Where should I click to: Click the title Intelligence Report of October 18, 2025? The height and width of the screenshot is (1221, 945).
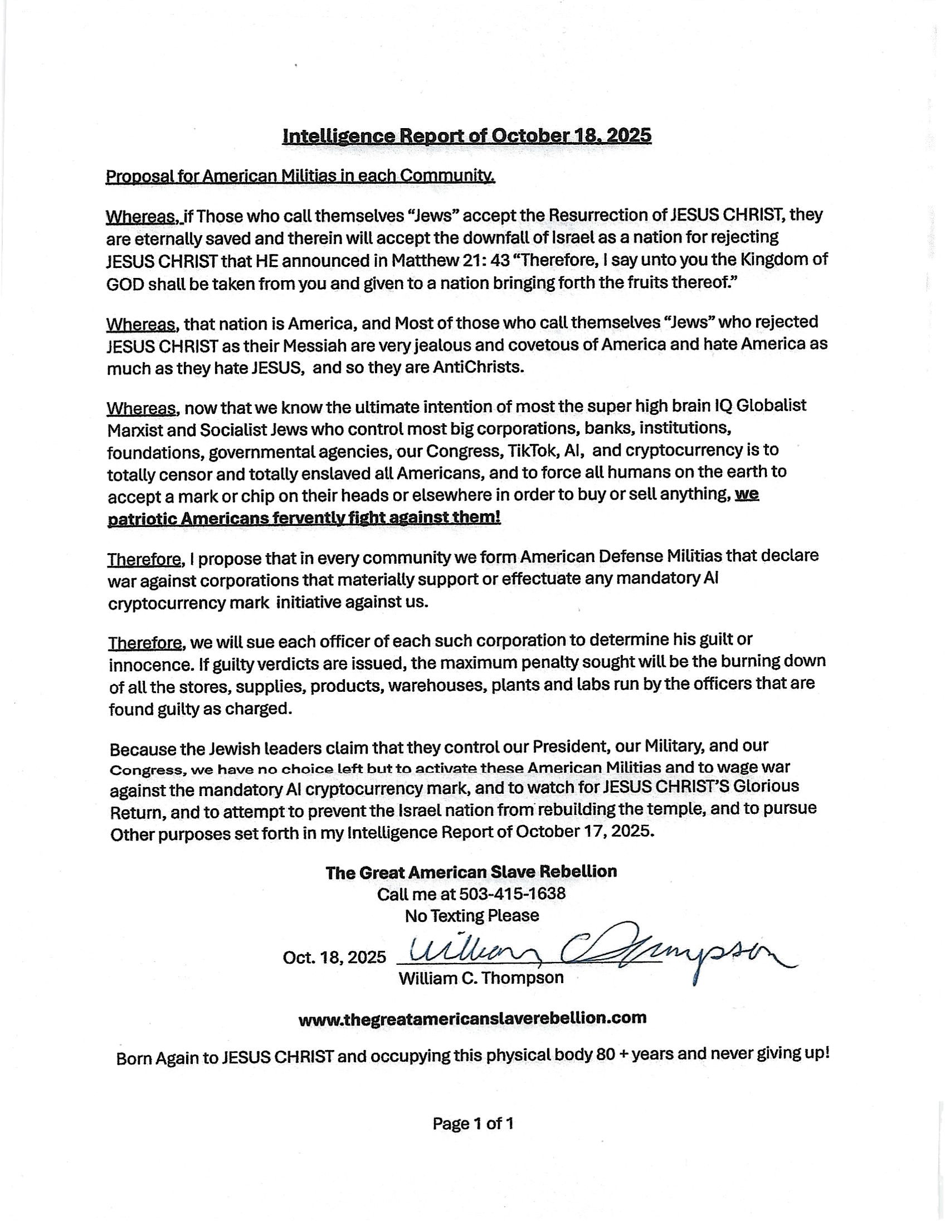[x=467, y=136]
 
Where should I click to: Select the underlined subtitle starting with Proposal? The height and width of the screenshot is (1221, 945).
[x=300, y=177]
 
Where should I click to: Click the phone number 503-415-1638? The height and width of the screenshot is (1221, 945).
[x=512, y=893]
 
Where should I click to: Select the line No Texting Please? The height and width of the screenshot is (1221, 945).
[x=472, y=916]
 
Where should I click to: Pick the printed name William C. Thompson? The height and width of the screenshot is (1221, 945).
[x=481, y=978]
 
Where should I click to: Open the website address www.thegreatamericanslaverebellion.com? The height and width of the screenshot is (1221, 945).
[x=472, y=1018]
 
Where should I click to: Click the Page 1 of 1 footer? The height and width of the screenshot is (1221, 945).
[x=472, y=1123]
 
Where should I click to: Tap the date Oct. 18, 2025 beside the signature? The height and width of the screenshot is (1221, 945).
[x=334, y=958]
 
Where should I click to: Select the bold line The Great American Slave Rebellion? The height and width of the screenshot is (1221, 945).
[x=471, y=872]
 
